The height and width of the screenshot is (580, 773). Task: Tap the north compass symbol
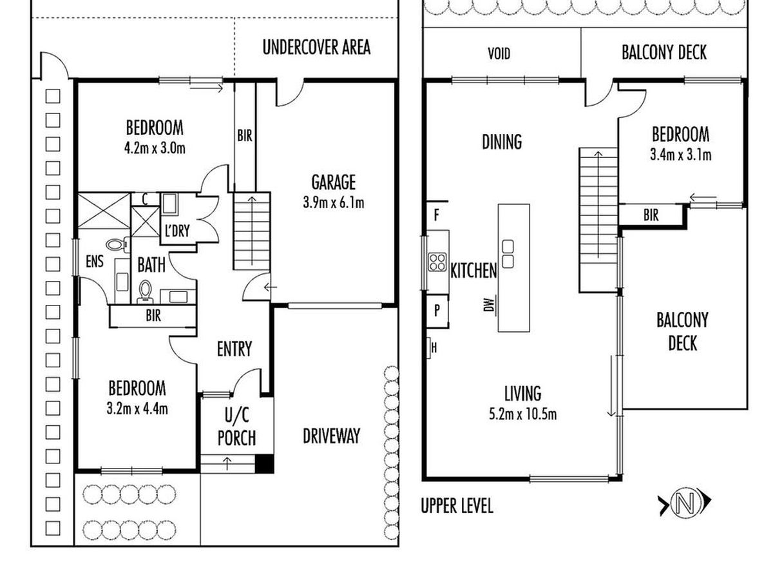coord(684,503)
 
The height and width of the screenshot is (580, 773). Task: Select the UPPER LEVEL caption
coord(457,506)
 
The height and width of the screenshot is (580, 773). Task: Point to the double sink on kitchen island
coord(508,253)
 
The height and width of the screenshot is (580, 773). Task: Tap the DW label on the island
coord(491,304)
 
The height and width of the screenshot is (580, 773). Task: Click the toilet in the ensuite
coord(116,245)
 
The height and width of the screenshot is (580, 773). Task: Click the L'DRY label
coord(177,231)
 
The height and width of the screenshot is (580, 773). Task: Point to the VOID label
coord(499,53)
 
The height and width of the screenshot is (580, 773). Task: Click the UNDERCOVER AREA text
coord(316,47)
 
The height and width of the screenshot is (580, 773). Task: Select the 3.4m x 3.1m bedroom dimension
coord(681,155)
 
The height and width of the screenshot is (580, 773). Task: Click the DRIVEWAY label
coord(331,436)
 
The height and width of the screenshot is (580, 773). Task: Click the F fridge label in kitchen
coord(436,215)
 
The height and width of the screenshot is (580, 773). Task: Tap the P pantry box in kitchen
coord(436,310)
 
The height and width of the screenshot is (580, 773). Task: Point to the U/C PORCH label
coord(236,426)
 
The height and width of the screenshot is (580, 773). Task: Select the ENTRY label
coord(234,349)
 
